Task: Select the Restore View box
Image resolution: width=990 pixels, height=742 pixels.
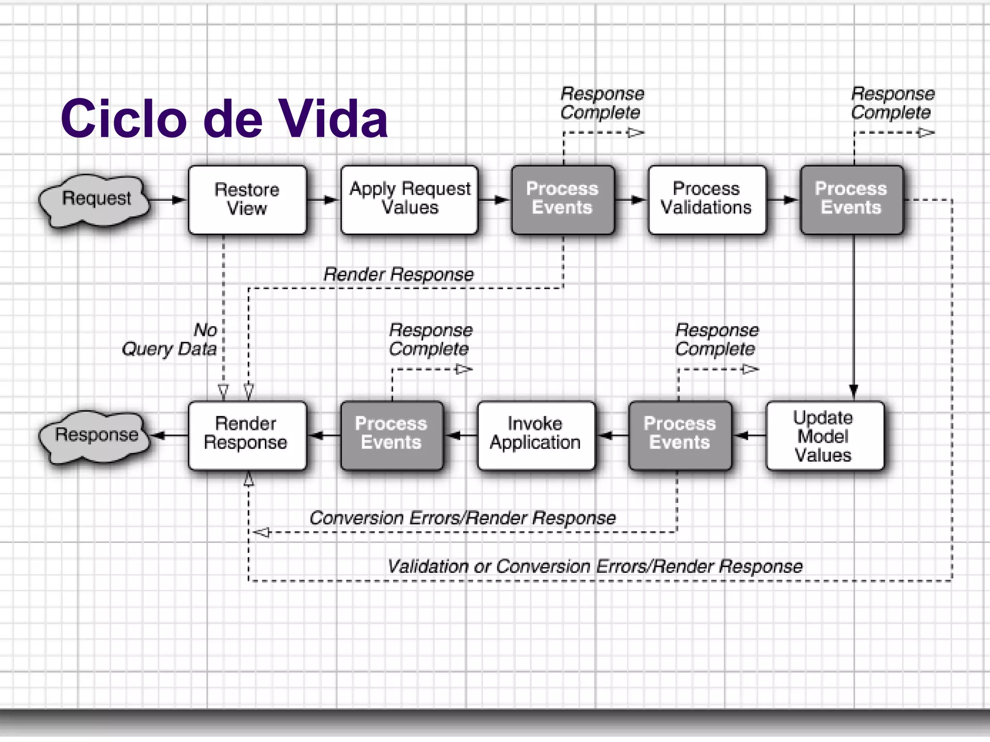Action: click(247, 200)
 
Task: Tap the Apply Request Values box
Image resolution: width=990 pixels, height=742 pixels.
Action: click(409, 200)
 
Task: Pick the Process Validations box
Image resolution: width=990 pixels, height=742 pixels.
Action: click(707, 200)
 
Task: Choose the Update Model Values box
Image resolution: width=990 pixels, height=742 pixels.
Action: click(824, 436)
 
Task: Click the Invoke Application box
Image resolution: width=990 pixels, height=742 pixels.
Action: click(536, 436)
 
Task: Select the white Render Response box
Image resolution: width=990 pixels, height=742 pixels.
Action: click(247, 436)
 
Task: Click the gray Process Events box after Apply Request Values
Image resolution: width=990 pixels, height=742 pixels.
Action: click(563, 200)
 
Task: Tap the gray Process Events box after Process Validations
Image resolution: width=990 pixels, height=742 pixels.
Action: click(851, 200)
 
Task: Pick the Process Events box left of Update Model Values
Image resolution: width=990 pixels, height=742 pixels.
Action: click(679, 436)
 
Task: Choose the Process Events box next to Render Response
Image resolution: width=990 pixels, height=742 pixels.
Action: click(392, 436)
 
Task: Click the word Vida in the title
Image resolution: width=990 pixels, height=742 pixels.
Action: click(334, 119)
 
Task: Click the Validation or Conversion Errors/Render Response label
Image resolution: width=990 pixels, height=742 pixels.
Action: click(595, 566)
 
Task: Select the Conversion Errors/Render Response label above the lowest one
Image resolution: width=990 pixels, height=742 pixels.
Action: click(462, 518)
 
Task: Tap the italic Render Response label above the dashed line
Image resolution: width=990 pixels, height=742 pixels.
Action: click(398, 274)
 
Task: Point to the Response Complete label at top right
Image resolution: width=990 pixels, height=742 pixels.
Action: click(892, 103)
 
